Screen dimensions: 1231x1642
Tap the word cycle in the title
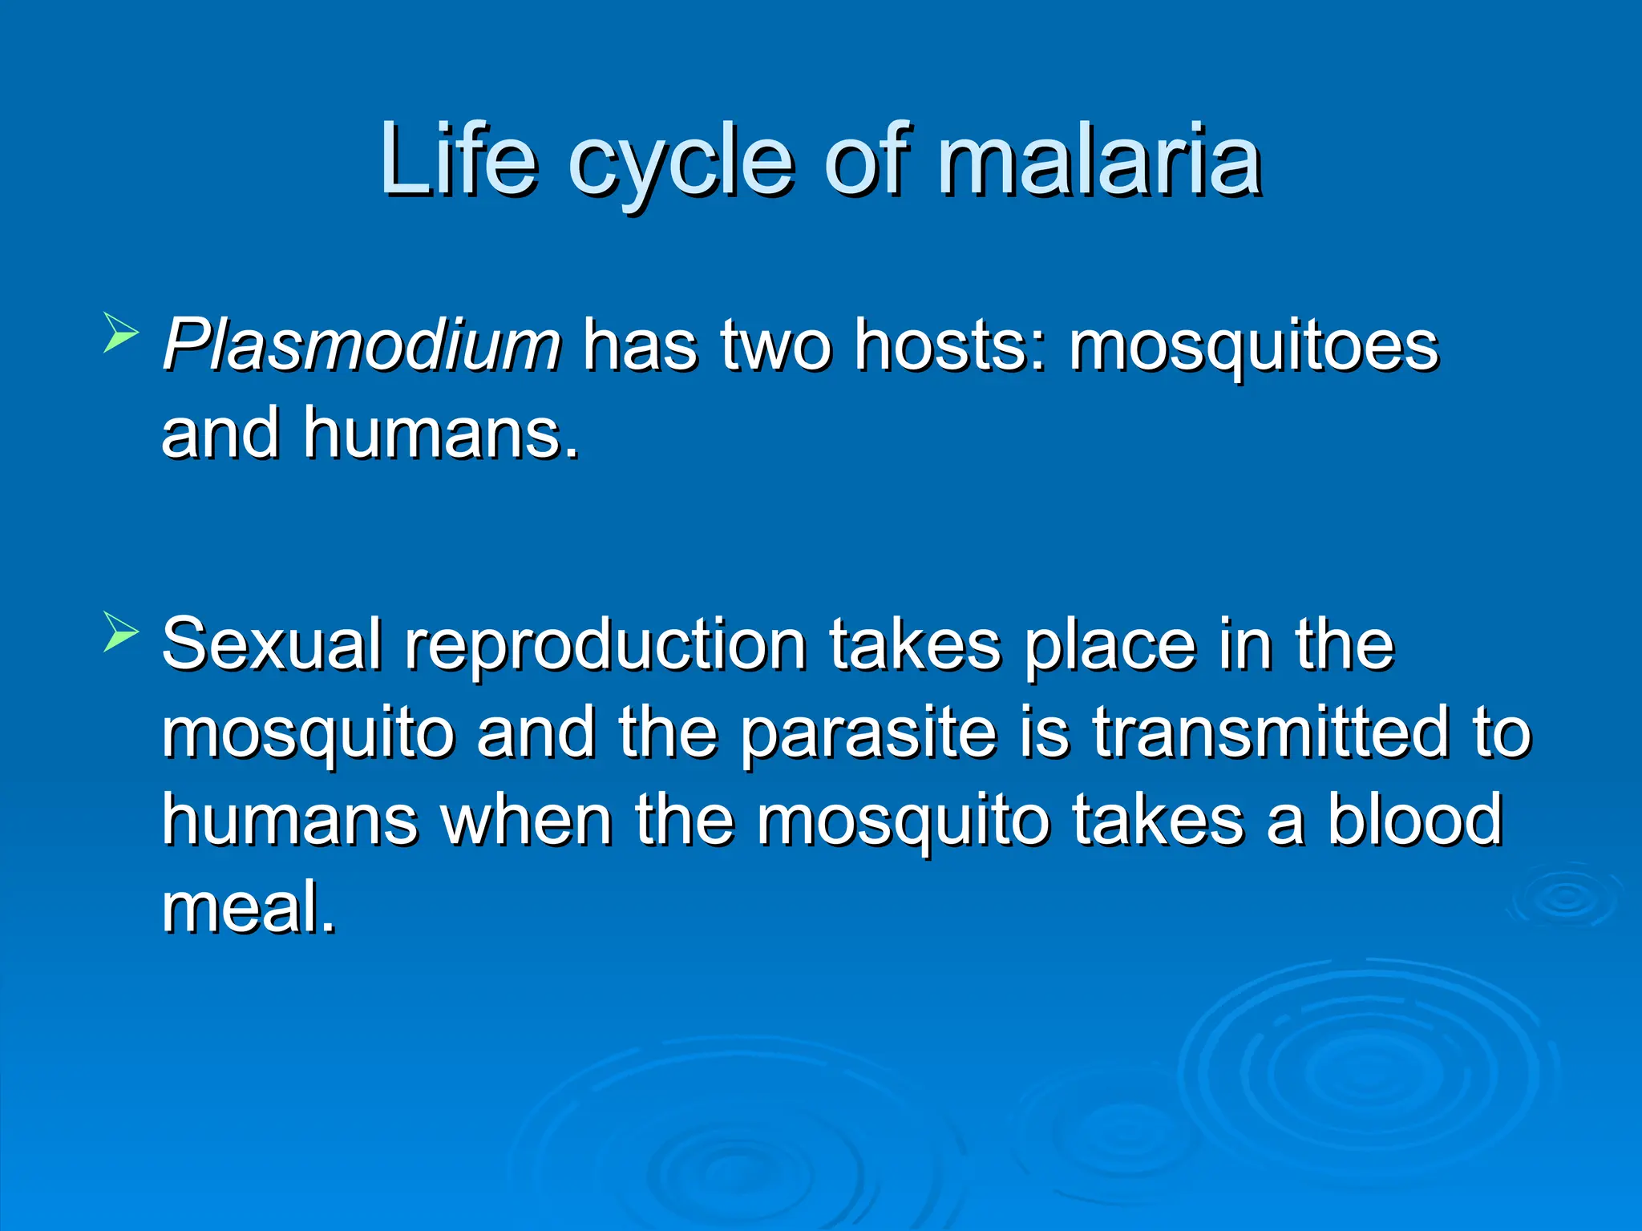[681, 164]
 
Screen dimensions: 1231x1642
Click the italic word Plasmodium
[362, 345]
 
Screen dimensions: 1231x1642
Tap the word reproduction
[605, 648]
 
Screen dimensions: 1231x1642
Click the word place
[1110, 648]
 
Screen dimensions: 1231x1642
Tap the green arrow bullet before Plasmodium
[121, 333]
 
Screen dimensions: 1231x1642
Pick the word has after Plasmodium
[640, 345]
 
